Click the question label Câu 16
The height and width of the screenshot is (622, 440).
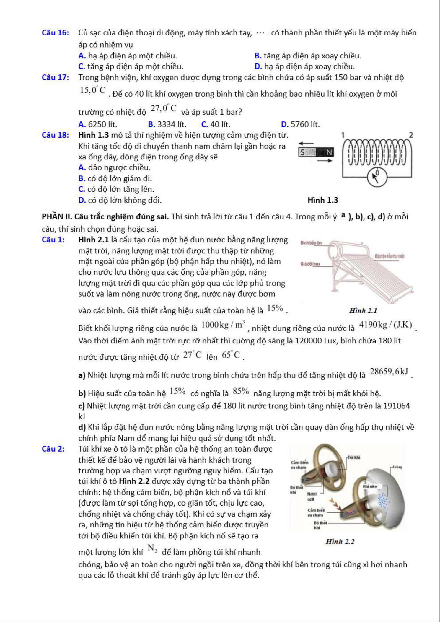click(x=56, y=33)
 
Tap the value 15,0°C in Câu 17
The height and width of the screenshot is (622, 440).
click(x=93, y=90)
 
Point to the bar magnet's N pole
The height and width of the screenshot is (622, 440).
click(x=329, y=152)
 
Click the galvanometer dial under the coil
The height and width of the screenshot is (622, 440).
click(x=377, y=177)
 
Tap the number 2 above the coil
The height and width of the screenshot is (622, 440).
click(x=411, y=135)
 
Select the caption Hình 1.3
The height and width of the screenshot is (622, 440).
click(x=322, y=200)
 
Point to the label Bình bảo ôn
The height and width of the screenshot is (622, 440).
click(x=311, y=243)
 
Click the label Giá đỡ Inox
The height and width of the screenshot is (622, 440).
click(x=310, y=264)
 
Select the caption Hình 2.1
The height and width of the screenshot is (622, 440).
click(x=363, y=310)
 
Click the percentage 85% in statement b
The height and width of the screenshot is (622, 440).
click(x=241, y=391)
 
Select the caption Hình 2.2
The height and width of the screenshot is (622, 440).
click(x=340, y=541)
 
